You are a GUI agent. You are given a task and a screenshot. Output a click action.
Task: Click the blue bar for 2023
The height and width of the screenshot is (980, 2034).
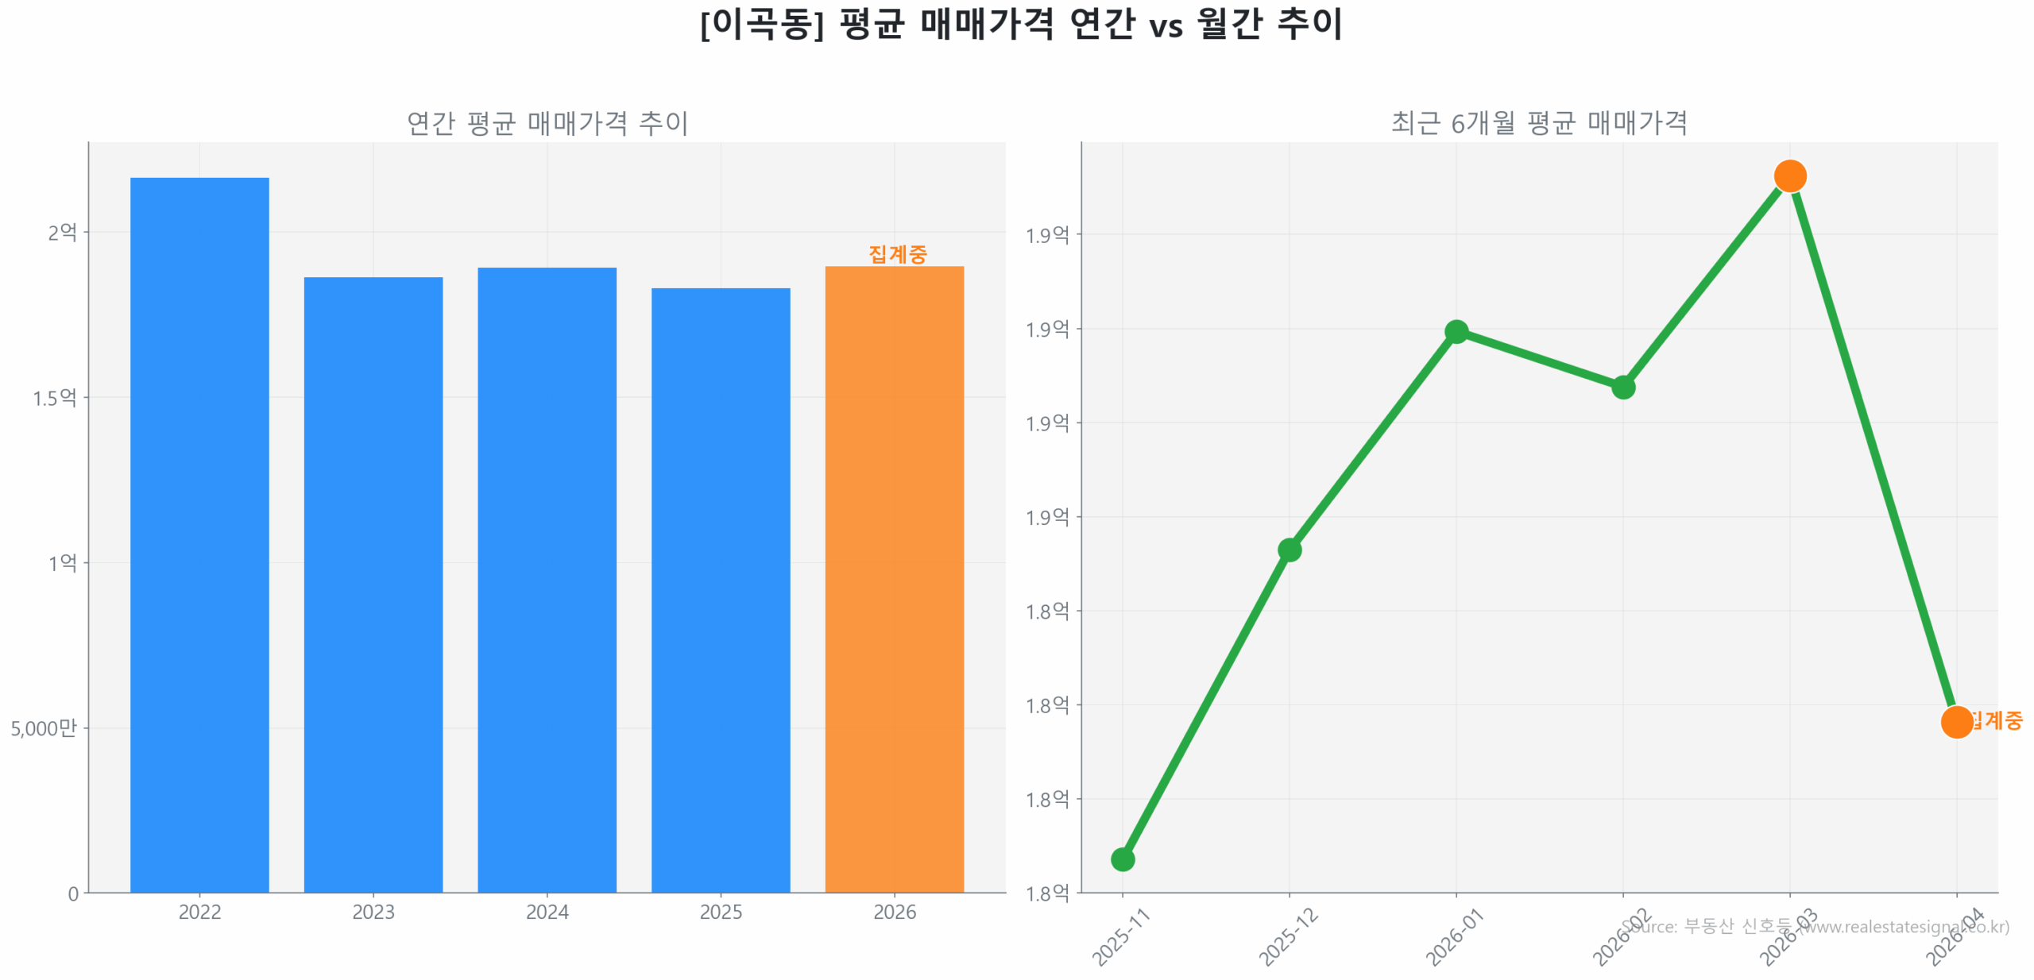tap(373, 584)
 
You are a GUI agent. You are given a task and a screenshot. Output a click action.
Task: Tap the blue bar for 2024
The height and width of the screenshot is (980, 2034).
tap(547, 579)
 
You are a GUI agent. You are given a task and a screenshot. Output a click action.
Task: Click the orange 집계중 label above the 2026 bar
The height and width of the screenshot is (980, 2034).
tap(897, 253)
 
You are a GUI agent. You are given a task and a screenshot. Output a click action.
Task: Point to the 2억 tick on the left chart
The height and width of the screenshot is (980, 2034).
tap(62, 233)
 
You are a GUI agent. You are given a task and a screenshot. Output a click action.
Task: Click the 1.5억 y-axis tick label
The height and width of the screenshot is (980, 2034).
tap(54, 398)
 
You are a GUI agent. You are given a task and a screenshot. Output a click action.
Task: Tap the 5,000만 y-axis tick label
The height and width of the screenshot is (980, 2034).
tap(44, 728)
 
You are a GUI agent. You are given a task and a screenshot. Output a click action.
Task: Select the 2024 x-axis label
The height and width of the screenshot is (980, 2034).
tap(547, 912)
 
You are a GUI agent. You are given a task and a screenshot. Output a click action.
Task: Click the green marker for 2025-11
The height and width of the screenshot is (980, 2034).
tap(1122, 859)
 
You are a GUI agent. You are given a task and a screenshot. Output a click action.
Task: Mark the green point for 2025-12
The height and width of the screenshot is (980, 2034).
tap(1289, 550)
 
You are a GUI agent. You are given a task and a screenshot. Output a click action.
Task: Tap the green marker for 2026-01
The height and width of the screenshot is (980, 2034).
tap(1456, 331)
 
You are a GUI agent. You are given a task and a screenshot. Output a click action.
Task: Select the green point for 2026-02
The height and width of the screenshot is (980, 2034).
tap(1622, 387)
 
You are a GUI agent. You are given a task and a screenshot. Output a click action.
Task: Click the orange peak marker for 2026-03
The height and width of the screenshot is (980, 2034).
tap(1789, 176)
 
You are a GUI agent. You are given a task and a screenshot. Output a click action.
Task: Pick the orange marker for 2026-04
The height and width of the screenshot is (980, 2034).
tap(1956, 722)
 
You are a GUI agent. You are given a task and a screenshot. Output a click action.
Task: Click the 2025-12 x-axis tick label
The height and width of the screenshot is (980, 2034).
tap(1287, 937)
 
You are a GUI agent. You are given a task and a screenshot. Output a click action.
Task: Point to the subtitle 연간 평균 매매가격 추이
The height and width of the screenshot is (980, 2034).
tap(547, 123)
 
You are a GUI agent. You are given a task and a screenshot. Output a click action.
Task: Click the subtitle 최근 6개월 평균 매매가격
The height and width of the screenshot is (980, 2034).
tap(1538, 123)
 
